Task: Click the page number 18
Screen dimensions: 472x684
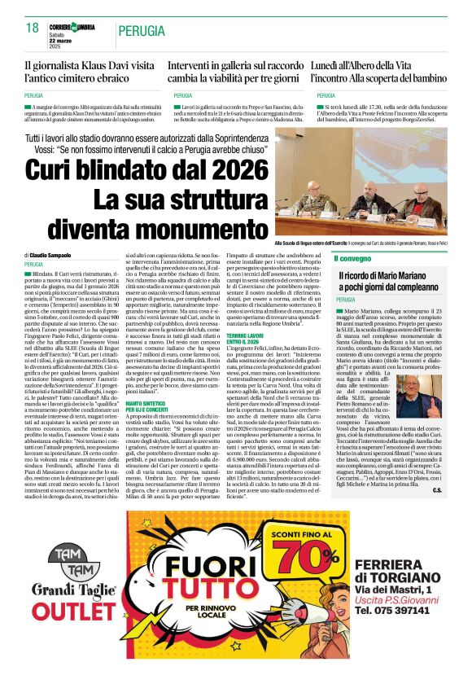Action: coord(32,28)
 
